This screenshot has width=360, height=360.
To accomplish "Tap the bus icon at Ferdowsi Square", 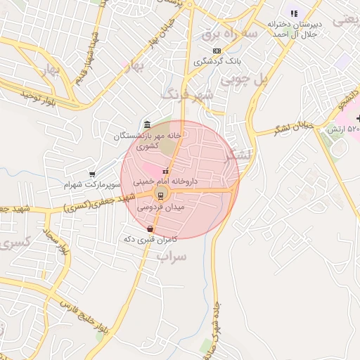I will tap(160, 195).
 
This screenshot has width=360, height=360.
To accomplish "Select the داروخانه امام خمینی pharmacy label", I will tap(166, 181).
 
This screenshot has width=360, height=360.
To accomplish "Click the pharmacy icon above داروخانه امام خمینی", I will tap(166, 172).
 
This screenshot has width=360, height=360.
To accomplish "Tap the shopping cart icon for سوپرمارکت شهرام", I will tap(92, 174).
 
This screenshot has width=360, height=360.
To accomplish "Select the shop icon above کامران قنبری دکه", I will tap(150, 229).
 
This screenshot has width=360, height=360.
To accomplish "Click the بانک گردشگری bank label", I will tap(216, 61).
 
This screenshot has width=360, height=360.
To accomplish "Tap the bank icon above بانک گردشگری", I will tap(216, 51).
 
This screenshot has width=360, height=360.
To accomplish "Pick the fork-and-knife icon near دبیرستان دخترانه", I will tap(294, 13).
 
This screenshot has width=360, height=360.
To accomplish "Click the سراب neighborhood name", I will tap(172, 258).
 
